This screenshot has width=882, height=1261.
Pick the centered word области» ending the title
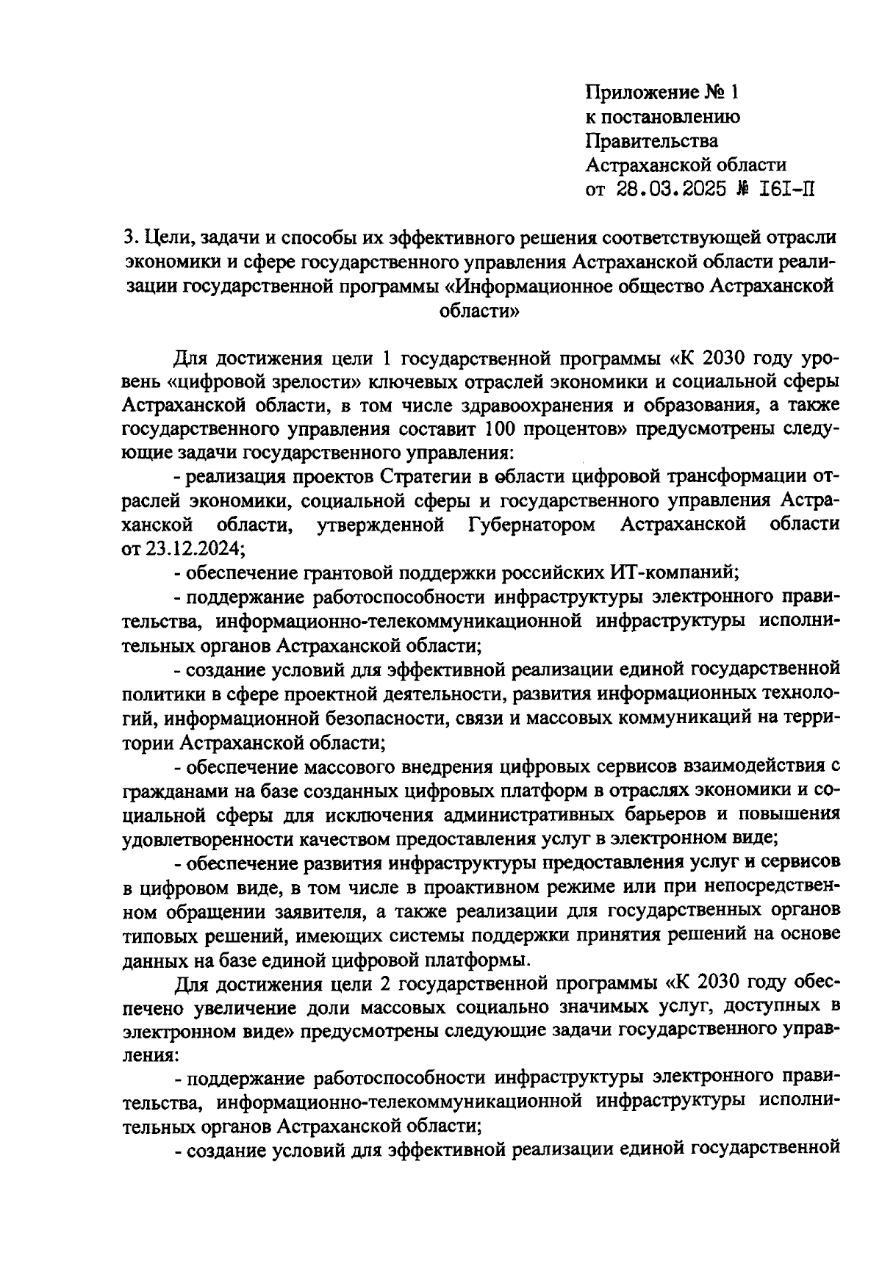tap(478, 312)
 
